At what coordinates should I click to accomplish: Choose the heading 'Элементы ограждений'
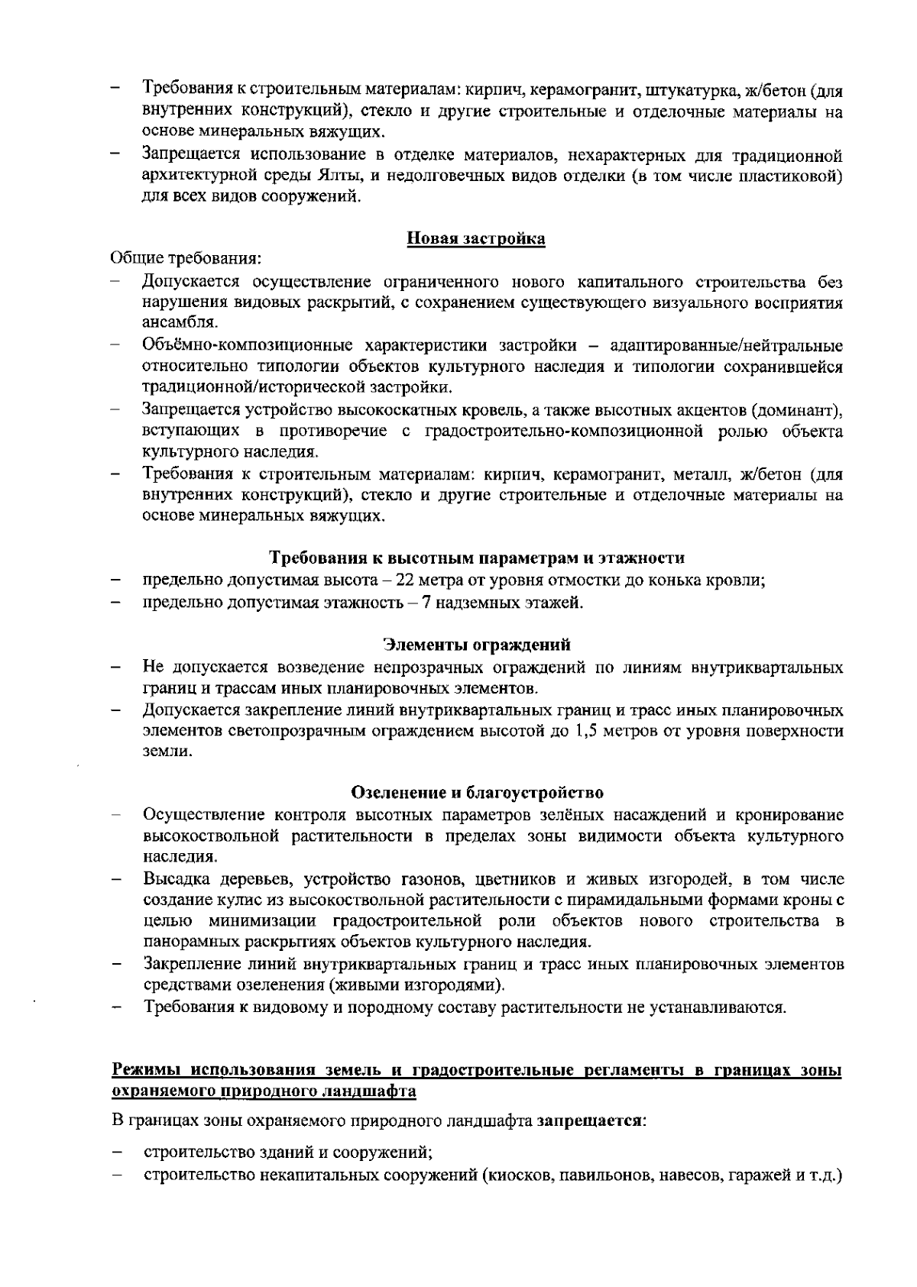pos(476,645)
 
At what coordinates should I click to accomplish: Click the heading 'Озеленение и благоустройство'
pos(478,791)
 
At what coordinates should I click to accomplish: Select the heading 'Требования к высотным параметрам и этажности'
pos(478,558)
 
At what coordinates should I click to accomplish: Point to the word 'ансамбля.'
pos(171,322)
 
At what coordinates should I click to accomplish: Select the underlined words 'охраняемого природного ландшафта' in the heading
pos(264,1091)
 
